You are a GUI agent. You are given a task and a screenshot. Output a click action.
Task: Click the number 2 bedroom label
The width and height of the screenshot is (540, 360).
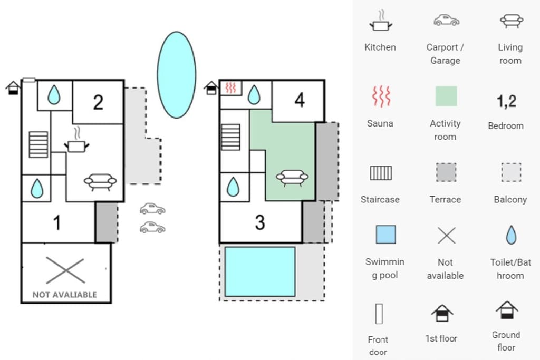pyautogui.click(x=98, y=102)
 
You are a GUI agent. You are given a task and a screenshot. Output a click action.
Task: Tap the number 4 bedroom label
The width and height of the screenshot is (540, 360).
pyautogui.click(x=300, y=100)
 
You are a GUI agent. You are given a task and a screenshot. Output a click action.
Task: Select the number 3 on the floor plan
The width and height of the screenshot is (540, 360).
pyautogui.click(x=260, y=222)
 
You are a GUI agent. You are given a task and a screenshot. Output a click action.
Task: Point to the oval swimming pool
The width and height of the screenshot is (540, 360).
pyautogui.click(x=177, y=75)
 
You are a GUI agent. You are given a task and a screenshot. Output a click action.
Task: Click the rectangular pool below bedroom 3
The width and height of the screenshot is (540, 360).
pyautogui.click(x=260, y=271)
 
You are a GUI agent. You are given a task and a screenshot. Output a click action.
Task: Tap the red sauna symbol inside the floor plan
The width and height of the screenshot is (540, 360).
pyautogui.click(x=230, y=88)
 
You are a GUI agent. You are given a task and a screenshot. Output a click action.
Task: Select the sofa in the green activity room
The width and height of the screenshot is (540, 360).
pyautogui.click(x=292, y=178)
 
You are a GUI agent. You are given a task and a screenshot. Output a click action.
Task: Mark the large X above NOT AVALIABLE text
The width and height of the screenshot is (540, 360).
pyautogui.click(x=65, y=270)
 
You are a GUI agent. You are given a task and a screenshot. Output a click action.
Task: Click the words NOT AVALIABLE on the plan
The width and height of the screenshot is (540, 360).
pyautogui.click(x=65, y=295)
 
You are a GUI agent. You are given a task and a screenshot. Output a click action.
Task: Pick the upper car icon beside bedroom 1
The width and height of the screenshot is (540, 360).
pyautogui.click(x=152, y=209)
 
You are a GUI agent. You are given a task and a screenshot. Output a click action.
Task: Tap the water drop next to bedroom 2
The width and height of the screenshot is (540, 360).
pyautogui.click(x=54, y=95)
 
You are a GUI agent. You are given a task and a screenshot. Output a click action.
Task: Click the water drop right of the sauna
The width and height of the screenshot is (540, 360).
pyautogui.click(x=254, y=95)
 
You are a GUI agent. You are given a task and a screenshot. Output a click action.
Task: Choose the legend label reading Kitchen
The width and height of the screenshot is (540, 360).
pyautogui.click(x=380, y=47)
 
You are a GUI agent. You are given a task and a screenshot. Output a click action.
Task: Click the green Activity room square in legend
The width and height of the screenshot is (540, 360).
pyautogui.click(x=446, y=96)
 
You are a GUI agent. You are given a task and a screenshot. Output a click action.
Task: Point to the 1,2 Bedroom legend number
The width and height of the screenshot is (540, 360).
pyautogui.click(x=506, y=101)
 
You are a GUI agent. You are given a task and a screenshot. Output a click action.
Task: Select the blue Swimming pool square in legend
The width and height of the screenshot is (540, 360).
pyautogui.click(x=385, y=235)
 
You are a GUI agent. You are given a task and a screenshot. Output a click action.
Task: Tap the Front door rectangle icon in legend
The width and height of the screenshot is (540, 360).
pyautogui.click(x=379, y=314)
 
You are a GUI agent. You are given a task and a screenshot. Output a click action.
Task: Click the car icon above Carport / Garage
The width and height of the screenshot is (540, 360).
pyautogui.click(x=446, y=21)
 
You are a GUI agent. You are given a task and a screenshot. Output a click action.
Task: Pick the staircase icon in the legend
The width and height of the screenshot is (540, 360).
pyautogui.click(x=381, y=173)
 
